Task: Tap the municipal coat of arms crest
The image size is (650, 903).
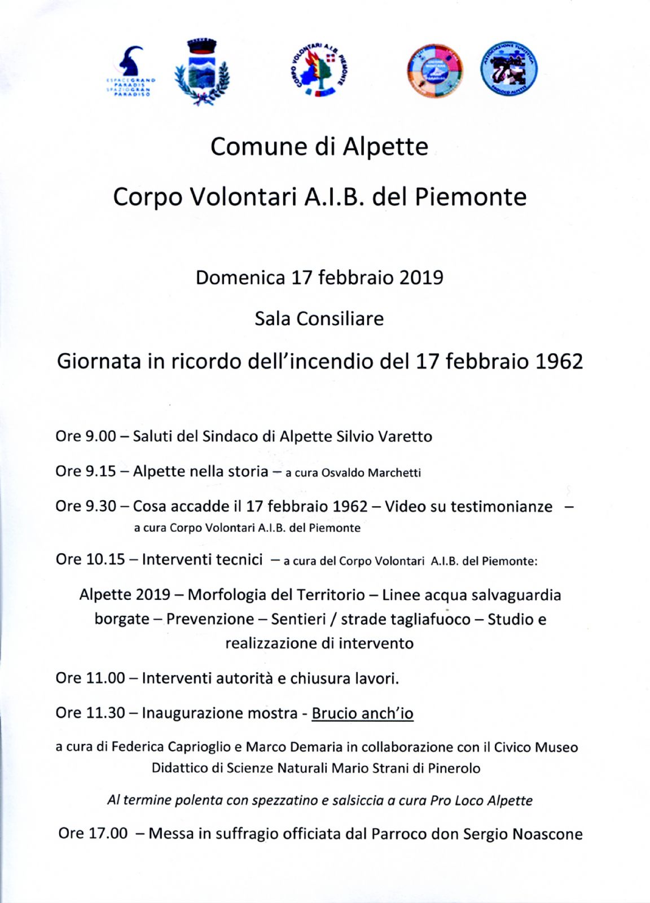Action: [x=201, y=72]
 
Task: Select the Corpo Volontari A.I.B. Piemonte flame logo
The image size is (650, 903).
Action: [x=319, y=70]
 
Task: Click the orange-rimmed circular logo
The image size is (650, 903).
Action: [x=434, y=71]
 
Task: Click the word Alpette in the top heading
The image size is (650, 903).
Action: [x=386, y=147]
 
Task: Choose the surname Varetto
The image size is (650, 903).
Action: [x=405, y=436]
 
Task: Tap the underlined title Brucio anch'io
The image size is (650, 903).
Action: [x=362, y=713]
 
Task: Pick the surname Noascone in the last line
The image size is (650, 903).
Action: [x=547, y=834]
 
